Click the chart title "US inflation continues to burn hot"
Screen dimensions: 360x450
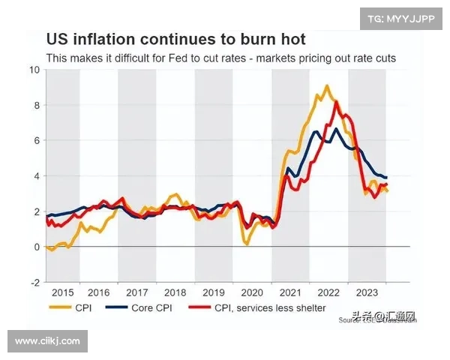(x=175, y=38)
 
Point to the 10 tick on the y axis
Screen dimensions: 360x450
(x=33, y=70)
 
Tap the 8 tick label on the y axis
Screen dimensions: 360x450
(x=34, y=105)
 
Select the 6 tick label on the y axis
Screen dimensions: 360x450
(x=34, y=140)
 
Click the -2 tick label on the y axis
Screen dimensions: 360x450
(x=32, y=283)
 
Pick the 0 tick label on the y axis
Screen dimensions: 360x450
(x=34, y=247)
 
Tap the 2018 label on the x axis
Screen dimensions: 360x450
(x=175, y=293)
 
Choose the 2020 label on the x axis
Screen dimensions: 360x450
(x=251, y=293)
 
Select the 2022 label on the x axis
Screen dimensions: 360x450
(x=328, y=293)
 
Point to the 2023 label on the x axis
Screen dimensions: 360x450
(x=366, y=293)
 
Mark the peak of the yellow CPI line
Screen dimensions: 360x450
(x=326, y=85)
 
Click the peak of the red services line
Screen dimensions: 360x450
(x=336, y=101)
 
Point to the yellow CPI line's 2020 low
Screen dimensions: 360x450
(x=246, y=243)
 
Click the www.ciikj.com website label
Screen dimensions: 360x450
(x=47, y=341)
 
